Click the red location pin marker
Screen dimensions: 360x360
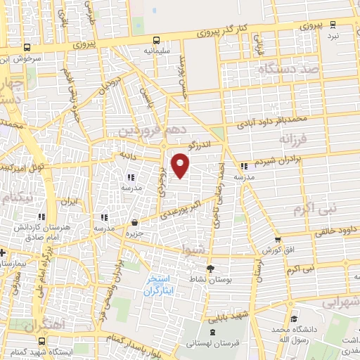pyautogui.click(x=181, y=165)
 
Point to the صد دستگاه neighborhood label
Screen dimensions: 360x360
pyautogui.click(x=288, y=70)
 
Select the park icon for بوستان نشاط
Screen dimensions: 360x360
pyautogui.click(x=210, y=268)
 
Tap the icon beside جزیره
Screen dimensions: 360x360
pyautogui.click(x=134, y=223)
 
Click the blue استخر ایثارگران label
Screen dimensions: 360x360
pyautogui.click(x=160, y=285)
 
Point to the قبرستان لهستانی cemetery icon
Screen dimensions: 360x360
pyautogui.click(x=212, y=331)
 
